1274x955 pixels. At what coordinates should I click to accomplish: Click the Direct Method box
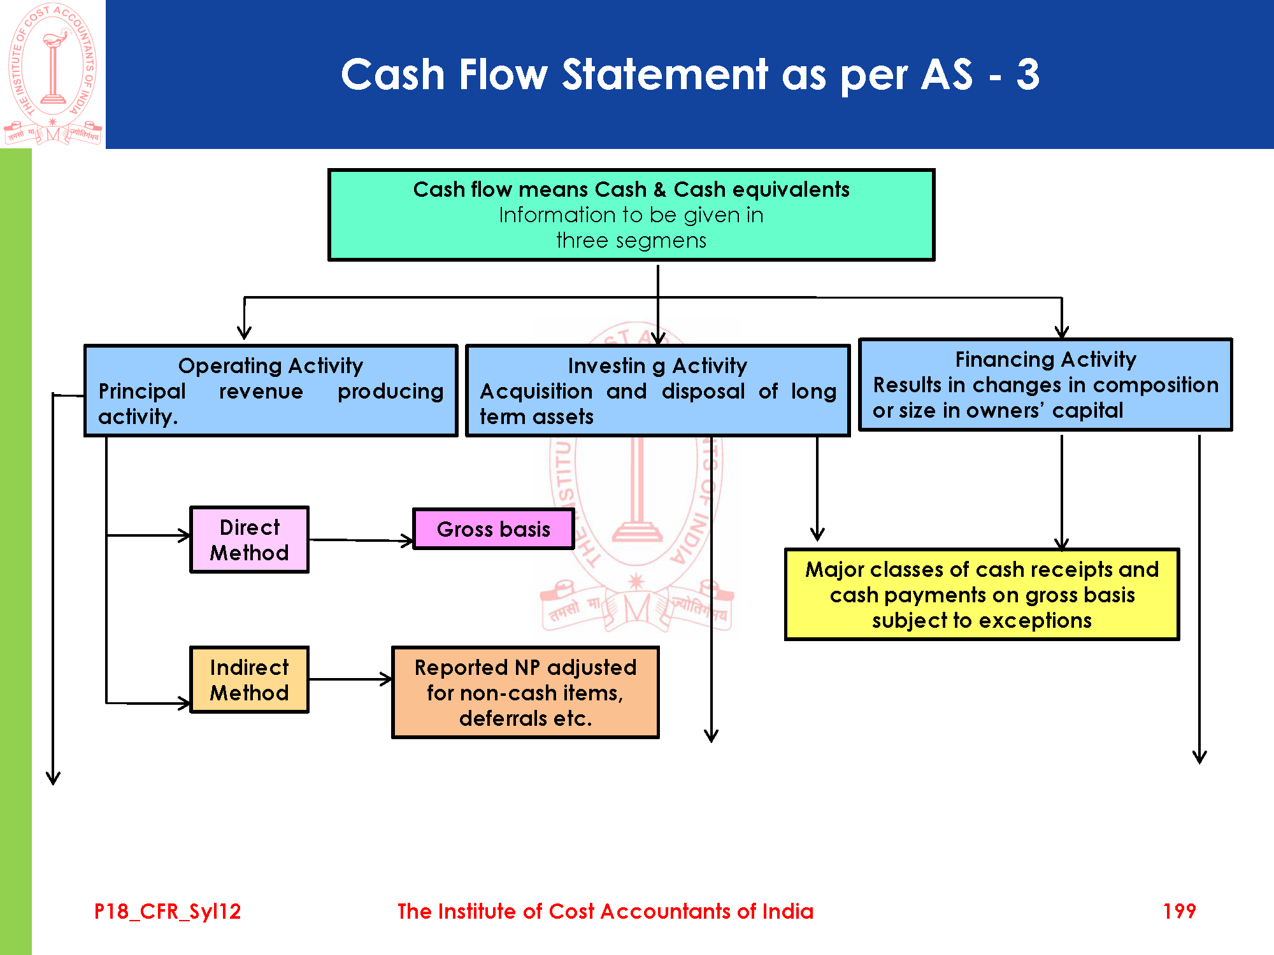click(249, 540)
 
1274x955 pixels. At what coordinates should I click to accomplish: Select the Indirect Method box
click(249, 680)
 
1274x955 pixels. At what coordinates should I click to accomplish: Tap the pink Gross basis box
click(494, 529)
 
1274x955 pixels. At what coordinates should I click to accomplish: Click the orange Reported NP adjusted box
click(526, 693)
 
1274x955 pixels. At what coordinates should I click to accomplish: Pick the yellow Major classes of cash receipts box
click(982, 595)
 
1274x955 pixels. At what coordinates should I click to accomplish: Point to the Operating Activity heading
click(271, 365)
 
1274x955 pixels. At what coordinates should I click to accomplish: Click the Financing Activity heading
click(1045, 360)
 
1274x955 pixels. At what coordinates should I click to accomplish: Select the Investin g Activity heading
click(657, 366)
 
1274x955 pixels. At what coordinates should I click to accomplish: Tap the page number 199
click(1179, 911)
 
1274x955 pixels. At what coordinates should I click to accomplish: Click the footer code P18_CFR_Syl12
click(168, 911)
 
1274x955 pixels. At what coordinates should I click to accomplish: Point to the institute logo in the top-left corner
click(53, 74)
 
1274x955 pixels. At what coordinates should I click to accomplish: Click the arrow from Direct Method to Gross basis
click(361, 541)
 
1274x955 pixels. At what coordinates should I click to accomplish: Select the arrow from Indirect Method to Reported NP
click(350, 679)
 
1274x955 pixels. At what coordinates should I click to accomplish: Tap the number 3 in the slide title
click(1027, 74)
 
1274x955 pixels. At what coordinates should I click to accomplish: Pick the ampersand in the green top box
click(659, 190)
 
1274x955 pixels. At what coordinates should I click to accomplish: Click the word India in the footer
click(787, 911)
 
